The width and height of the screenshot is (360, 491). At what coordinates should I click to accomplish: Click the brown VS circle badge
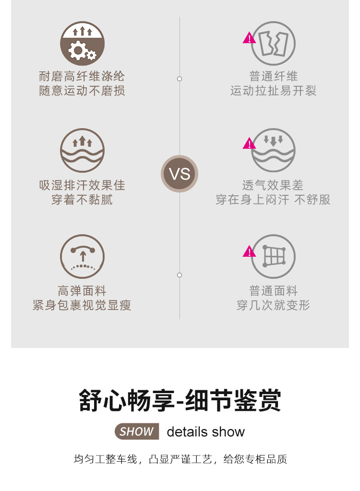coord(180,174)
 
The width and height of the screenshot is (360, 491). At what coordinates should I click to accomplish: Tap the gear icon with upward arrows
coord(82,44)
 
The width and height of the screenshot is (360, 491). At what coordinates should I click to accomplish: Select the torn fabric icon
coord(273,44)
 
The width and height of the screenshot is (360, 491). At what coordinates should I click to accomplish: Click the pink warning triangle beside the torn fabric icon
coord(249,38)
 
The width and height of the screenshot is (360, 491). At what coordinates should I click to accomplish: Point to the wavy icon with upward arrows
coord(82,150)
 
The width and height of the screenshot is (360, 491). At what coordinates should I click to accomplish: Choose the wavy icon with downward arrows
coord(273,150)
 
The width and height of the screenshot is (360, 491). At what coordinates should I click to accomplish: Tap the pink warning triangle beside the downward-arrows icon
coord(249,143)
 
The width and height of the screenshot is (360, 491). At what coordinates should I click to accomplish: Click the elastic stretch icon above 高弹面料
coord(82,256)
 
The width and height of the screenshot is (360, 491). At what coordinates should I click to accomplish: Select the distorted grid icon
coord(273,256)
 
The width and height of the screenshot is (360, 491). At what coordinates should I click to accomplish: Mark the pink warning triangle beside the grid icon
coord(249,251)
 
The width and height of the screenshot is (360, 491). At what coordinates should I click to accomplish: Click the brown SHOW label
coord(137,431)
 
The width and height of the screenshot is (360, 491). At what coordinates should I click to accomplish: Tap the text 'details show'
coord(205,432)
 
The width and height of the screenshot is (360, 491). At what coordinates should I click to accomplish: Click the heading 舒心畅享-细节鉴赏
coord(180,401)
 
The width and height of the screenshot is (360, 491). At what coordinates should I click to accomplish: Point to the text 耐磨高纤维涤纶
coord(82,76)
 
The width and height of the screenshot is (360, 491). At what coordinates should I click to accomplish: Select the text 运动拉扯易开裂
coord(273,91)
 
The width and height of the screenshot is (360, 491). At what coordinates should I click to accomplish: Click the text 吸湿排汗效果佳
coord(82,185)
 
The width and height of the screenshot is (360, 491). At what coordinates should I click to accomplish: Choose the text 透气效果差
coord(273,185)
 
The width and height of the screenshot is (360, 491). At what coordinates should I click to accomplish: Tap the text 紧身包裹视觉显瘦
coord(82,305)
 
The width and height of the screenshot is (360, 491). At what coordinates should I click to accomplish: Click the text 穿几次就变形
coord(273,305)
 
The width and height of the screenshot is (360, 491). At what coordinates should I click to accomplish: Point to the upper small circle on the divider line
coord(180,79)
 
